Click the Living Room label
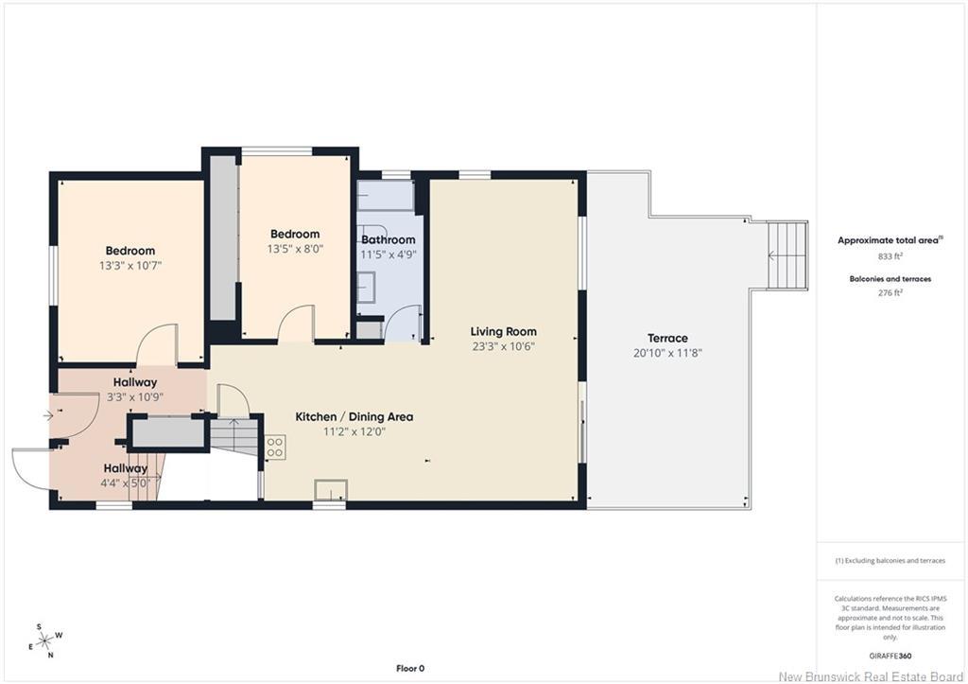pyautogui.click(x=503, y=332)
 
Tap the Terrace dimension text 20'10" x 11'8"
pyautogui.click(x=668, y=354)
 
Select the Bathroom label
pyautogui.click(x=389, y=239)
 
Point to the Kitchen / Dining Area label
pyautogui.click(x=354, y=417)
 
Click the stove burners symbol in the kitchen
pyautogui.click(x=275, y=447)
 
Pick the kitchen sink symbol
pyautogui.click(x=331, y=490)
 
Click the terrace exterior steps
pyautogui.click(x=787, y=255)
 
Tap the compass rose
pyautogui.click(x=45, y=641)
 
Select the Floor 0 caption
pyautogui.click(x=410, y=668)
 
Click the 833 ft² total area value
pyautogui.click(x=890, y=255)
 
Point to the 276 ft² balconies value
pyautogui.click(x=890, y=293)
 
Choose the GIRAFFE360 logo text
pyautogui.click(x=890, y=657)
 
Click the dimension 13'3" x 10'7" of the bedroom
pyautogui.click(x=130, y=266)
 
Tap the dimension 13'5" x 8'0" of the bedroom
pyautogui.click(x=295, y=249)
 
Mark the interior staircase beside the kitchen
pyautogui.click(x=234, y=435)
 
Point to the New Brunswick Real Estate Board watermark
pyautogui.click(x=871, y=676)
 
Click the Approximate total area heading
pyautogui.click(x=890, y=240)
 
